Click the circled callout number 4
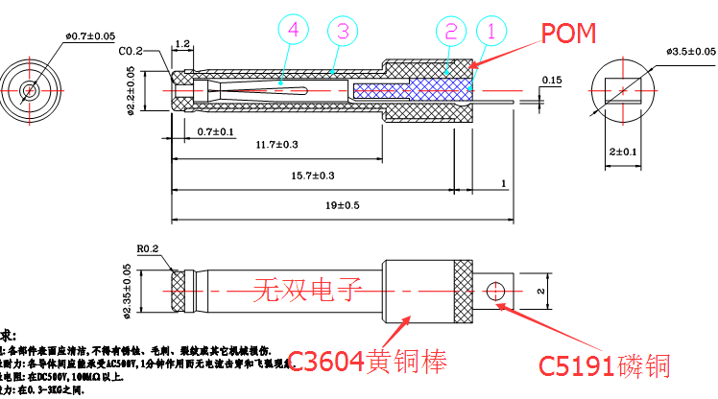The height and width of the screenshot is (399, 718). [x=292, y=31]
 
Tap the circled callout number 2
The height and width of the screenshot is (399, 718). [x=449, y=31]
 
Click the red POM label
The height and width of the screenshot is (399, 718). [x=568, y=35]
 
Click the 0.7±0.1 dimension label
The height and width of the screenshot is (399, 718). [x=217, y=130]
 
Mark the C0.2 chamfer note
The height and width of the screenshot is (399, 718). [x=131, y=50]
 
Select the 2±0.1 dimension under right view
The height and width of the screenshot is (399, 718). [x=623, y=152]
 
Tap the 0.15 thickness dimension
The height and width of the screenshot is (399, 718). [x=552, y=79]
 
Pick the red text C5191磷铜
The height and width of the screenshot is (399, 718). [x=603, y=364]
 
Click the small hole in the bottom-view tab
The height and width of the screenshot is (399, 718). [x=495, y=289]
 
